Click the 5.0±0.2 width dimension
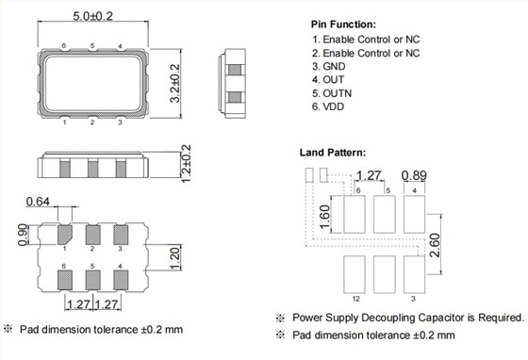click(x=93, y=16)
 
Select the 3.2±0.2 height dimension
click(x=175, y=83)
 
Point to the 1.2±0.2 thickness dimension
click(x=186, y=163)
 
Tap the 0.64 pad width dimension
click(x=38, y=202)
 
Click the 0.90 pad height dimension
click(x=23, y=235)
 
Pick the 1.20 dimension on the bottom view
click(x=175, y=257)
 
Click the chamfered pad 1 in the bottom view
click(x=65, y=235)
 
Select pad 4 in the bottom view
click(x=121, y=281)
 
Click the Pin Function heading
click(x=343, y=25)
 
